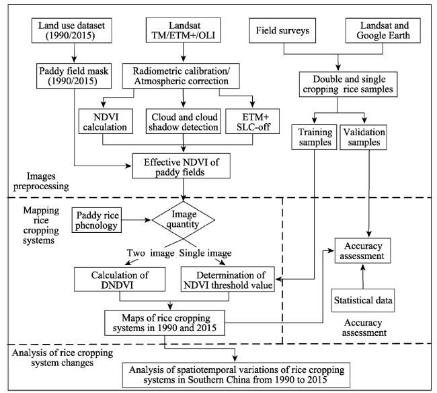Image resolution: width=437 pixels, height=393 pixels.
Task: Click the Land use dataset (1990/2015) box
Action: pos(72,31)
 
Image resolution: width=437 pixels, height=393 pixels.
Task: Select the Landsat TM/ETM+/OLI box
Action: pos(184,30)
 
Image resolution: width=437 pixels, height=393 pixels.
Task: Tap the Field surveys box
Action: pos(282,31)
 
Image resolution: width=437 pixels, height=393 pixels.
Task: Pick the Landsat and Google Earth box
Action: pos(383,31)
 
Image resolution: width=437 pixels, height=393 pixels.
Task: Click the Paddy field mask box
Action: pos(74,76)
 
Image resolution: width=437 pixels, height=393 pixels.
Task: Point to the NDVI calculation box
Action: pos(106,121)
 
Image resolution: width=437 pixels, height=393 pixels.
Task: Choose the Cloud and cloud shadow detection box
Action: pos(184,121)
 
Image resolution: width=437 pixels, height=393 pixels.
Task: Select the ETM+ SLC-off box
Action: pos(253,121)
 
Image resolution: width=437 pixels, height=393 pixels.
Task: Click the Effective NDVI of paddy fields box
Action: pos(181,166)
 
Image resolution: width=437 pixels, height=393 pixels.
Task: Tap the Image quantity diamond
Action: pos(183,220)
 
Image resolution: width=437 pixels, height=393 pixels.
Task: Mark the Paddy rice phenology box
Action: pos(97,220)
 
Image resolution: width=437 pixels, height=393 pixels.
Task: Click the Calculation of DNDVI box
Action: pos(120,279)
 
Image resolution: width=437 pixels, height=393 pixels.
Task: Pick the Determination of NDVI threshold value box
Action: pos(228,279)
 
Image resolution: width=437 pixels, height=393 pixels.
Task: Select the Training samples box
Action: pos(315,137)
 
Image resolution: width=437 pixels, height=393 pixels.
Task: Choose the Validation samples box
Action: pos(364,137)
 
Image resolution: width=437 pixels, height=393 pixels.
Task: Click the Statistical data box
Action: pos(363,300)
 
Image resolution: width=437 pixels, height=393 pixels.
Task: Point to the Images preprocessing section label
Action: pos(41,181)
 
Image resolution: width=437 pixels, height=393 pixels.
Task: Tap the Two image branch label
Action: pos(151,253)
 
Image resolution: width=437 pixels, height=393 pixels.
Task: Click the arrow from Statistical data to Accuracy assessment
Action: pos(363,276)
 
